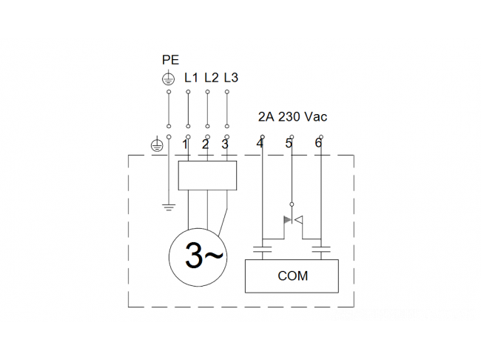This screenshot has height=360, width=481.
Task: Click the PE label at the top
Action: [x=170, y=59]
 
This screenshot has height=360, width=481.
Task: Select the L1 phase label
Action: [x=191, y=78]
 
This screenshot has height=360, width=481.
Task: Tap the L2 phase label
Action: [x=212, y=78]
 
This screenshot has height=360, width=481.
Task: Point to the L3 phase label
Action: [x=231, y=78]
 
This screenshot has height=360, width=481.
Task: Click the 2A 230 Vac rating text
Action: [x=292, y=117]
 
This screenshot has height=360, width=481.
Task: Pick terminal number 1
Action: [x=185, y=144]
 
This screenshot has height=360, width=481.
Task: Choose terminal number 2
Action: [x=205, y=144]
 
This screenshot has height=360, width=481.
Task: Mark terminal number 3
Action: [x=225, y=144]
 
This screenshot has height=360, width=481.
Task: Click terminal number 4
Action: [x=260, y=143]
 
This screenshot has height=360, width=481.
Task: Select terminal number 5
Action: [x=289, y=143]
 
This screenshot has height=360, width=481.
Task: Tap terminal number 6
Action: [x=318, y=143]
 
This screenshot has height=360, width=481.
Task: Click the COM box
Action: [x=292, y=276]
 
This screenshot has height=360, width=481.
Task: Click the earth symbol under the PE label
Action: [x=169, y=79]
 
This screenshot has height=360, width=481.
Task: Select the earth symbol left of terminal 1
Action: [x=158, y=145]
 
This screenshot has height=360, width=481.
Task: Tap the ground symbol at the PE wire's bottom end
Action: [x=169, y=207]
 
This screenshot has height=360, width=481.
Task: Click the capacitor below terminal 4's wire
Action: [x=262, y=250]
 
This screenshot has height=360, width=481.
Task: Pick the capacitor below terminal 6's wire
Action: [x=321, y=250]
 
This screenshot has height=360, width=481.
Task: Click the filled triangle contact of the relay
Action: [x=287, y=219]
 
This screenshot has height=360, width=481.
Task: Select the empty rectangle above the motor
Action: [x=207, y=176]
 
